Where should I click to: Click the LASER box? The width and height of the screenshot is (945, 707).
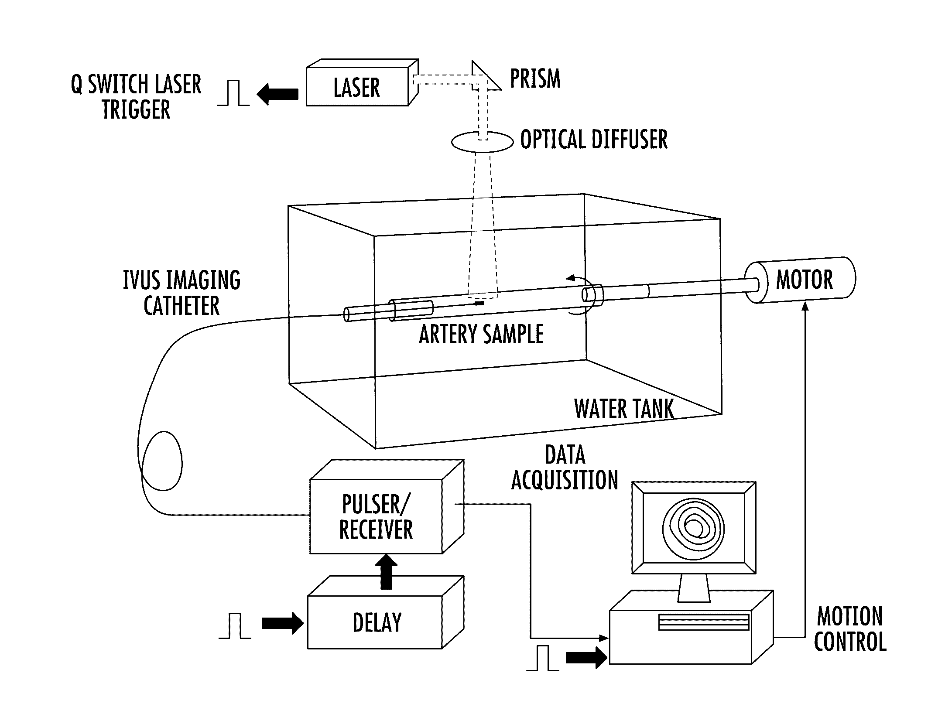pyautogui.click(x=357, y=87)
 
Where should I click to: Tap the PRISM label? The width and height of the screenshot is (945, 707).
pyautogui.click(x=535, y=79)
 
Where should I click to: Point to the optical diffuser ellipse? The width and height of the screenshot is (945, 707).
pyautogui.click(x=482, y=142)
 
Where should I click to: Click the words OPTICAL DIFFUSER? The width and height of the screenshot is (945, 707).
pyautogui.click(x=594, y=140)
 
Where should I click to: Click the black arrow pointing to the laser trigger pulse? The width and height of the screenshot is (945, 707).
pyautogui.click(x=277, y=94)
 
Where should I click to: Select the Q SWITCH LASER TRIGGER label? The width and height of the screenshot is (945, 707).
pyautogui.click(x=136, y=96)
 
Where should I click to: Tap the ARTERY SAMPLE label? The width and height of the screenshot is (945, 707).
pyautogui.click(x=481, y=335)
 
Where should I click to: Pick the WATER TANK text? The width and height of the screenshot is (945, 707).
pyautogui.click(x=624, y=409)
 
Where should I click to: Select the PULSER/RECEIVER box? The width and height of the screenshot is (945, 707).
pyautogui.click(x=376, y=517)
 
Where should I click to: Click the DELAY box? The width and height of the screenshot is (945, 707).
pyautogui.click(x=377, y=622)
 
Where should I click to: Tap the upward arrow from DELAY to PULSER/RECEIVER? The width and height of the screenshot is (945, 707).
pyautogui.click(x=386, y=571)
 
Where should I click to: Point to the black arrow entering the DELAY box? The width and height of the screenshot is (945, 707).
pyautogui.click(x=282, y=624)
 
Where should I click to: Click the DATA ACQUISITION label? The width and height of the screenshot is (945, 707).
pyautogui.click(x=565, y=468)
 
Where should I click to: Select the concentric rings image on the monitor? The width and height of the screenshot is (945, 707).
pyautogui.click(x=693, y=528)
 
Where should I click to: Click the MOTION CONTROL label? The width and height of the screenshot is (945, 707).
pyautogui.click(x=850, y=629)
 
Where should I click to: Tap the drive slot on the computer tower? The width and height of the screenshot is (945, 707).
pyautogui.click(x=703, y=622)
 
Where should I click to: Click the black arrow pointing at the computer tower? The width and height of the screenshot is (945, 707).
pyautogui.click(x=586, y=657)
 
